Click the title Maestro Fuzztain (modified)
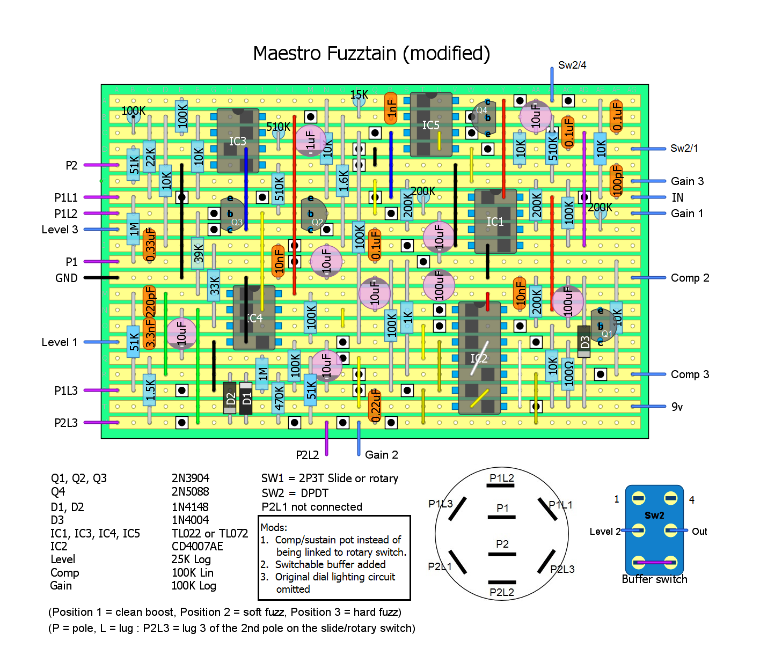point(371,54)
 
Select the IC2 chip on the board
point(479,358)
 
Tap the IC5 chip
point(430,125)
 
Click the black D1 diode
point(246,398)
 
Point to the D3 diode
point(584,342)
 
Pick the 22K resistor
point(150,157)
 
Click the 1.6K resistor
point(343,181)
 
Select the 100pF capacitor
point(617,181)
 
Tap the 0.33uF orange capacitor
point(150,245)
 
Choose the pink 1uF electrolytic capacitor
point(310,141)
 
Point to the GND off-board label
point(66,278)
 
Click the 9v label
point(677,407)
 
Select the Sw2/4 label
point(572,65)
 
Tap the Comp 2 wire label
point(690,278)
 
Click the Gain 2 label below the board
point(381,455)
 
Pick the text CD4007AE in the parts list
point(197,546)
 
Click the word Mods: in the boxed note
point(274,527)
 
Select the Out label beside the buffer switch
point(699,532)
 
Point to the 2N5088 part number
point(190,491)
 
